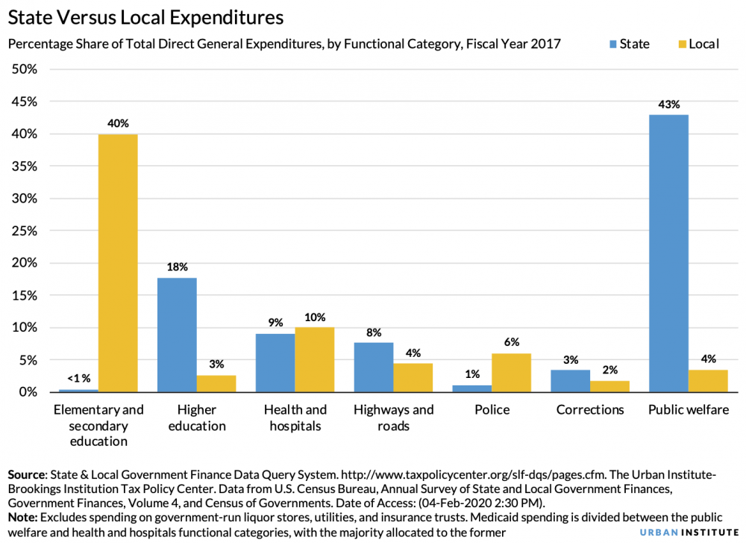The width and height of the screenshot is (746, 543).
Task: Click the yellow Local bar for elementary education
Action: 118,263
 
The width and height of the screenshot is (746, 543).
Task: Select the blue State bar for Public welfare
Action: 668,253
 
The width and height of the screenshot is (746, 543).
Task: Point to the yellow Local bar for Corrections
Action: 610,386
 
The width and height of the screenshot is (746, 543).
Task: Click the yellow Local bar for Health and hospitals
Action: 315,359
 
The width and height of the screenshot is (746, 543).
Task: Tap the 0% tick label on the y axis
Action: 28,392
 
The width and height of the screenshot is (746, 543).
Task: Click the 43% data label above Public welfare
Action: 668,105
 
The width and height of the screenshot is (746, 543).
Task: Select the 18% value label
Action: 177,267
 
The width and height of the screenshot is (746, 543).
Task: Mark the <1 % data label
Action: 78,377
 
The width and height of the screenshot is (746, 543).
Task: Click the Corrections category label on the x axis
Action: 590,410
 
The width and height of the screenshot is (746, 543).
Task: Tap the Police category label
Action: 492,410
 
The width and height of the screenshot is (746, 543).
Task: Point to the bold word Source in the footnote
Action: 25,475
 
